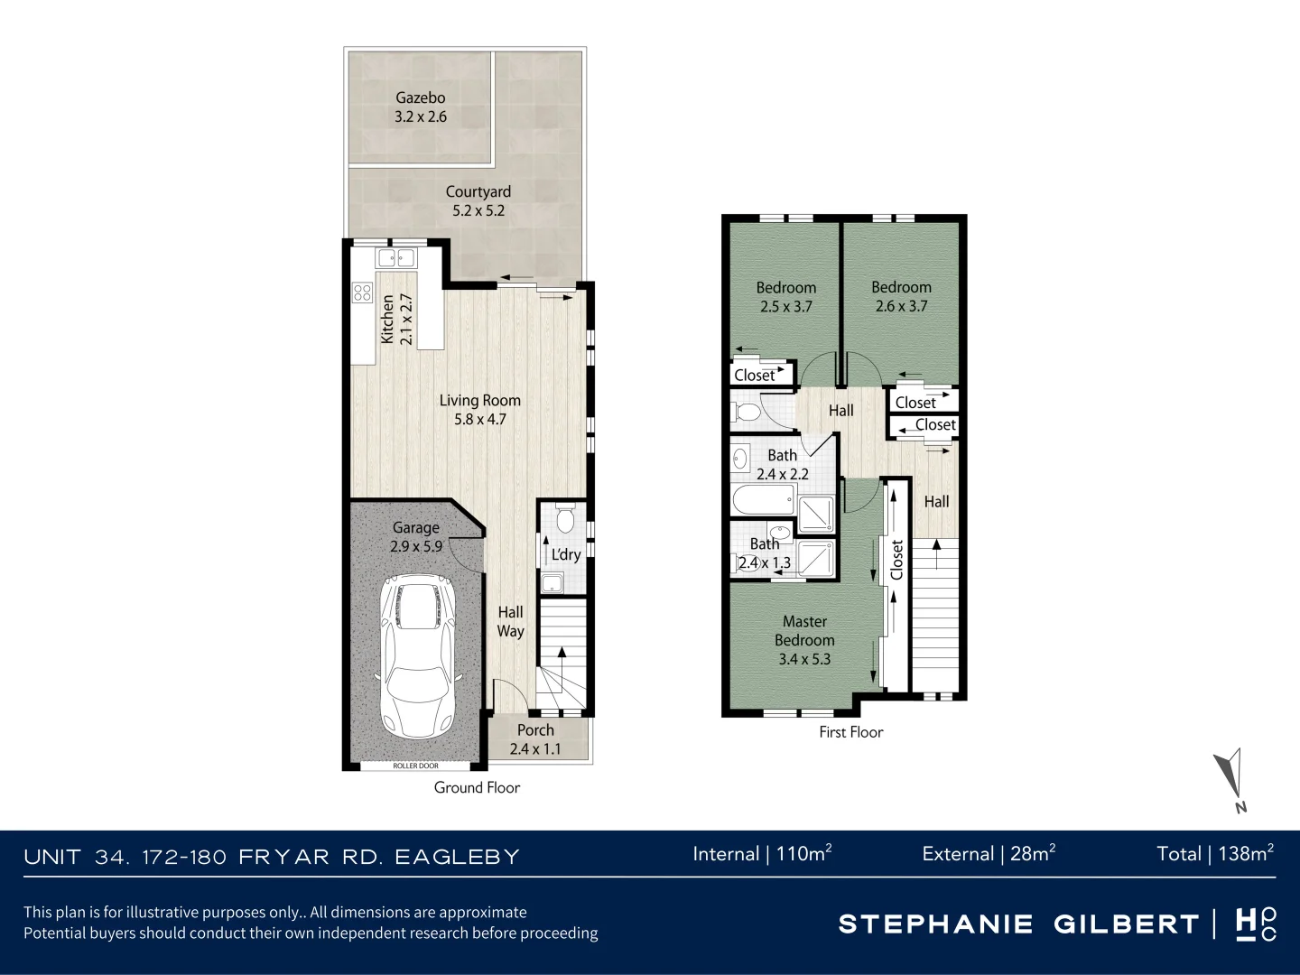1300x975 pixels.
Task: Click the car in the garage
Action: click(x=418, y=656)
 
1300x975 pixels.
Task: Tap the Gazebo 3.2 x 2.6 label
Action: click(x=421, y=107)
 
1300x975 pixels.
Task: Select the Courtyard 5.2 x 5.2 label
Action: click(x=478, y=201)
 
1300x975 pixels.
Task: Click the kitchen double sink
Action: click(x=396, y=258)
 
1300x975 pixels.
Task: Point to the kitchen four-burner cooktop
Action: click(x=362, y=292)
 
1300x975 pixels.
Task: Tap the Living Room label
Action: click(x=479, y=410)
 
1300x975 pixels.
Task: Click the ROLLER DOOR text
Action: click(x=416, y=766)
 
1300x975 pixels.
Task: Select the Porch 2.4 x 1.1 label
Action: click(x=535, y=739)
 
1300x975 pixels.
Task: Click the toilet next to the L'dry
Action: click(x=566, y=518)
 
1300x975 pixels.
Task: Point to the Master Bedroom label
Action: click(x=804, y=640)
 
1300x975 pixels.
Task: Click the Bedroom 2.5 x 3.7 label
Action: click(x=786, y=297)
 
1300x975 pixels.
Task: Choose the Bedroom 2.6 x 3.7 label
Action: click(x=901, y=297)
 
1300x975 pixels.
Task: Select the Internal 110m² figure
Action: click(x=762, y=854)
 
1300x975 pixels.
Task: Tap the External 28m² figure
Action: click(x=989, y=854)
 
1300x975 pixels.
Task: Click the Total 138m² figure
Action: click(x=1215, y=854)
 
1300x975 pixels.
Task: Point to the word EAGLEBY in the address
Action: click(x=457, y=858)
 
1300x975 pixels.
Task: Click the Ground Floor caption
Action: click(x=477, y=787)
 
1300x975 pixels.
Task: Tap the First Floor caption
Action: click(x=851, y=732)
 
